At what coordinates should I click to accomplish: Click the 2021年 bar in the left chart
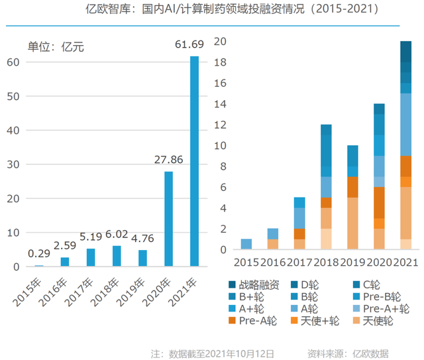point(194,161)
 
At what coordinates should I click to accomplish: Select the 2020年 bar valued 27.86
point(168,219)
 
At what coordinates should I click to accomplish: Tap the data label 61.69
point(189,44)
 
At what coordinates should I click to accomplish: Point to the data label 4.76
point(142,239)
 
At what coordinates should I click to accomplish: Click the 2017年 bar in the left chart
point(91,257)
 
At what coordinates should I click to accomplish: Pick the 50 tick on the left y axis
point(13,96)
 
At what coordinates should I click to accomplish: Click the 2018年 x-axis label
point(105,292)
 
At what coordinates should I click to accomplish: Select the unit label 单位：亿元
point(56,47)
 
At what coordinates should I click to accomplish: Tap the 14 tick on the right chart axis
point(220,104)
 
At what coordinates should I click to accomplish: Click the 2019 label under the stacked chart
point(352,263)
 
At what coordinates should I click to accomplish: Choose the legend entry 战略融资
point(254,285)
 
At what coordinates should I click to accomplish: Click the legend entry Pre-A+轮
point(381,309)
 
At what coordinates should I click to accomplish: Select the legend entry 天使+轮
point(315,321)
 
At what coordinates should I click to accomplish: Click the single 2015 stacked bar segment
point(246,244)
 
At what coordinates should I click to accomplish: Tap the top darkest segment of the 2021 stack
point(405,52)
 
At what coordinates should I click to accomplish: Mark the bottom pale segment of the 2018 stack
point(326,239)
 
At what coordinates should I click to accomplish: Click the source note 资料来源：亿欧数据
point(348,353)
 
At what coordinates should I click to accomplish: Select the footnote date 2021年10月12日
point(240,353)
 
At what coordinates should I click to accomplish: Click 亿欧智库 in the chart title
point(108,9)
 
